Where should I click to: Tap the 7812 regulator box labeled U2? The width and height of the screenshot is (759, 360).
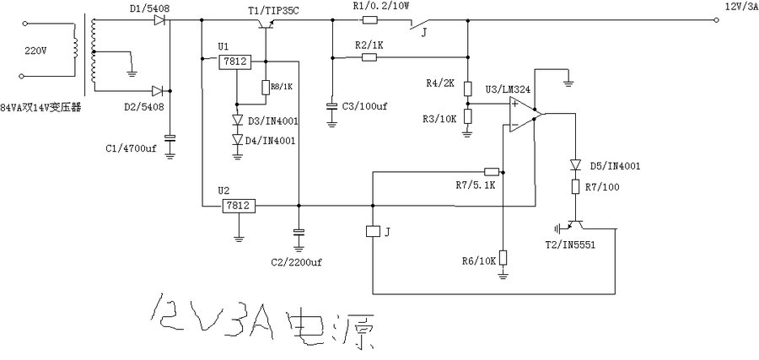click(239, 205)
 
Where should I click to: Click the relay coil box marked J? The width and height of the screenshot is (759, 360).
click(372, 231)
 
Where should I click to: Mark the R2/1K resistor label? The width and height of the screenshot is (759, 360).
click(369, 43)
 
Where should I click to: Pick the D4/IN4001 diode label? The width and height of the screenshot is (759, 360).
click(269, 139)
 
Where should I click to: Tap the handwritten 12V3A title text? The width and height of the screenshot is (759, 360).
click(262, 320)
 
